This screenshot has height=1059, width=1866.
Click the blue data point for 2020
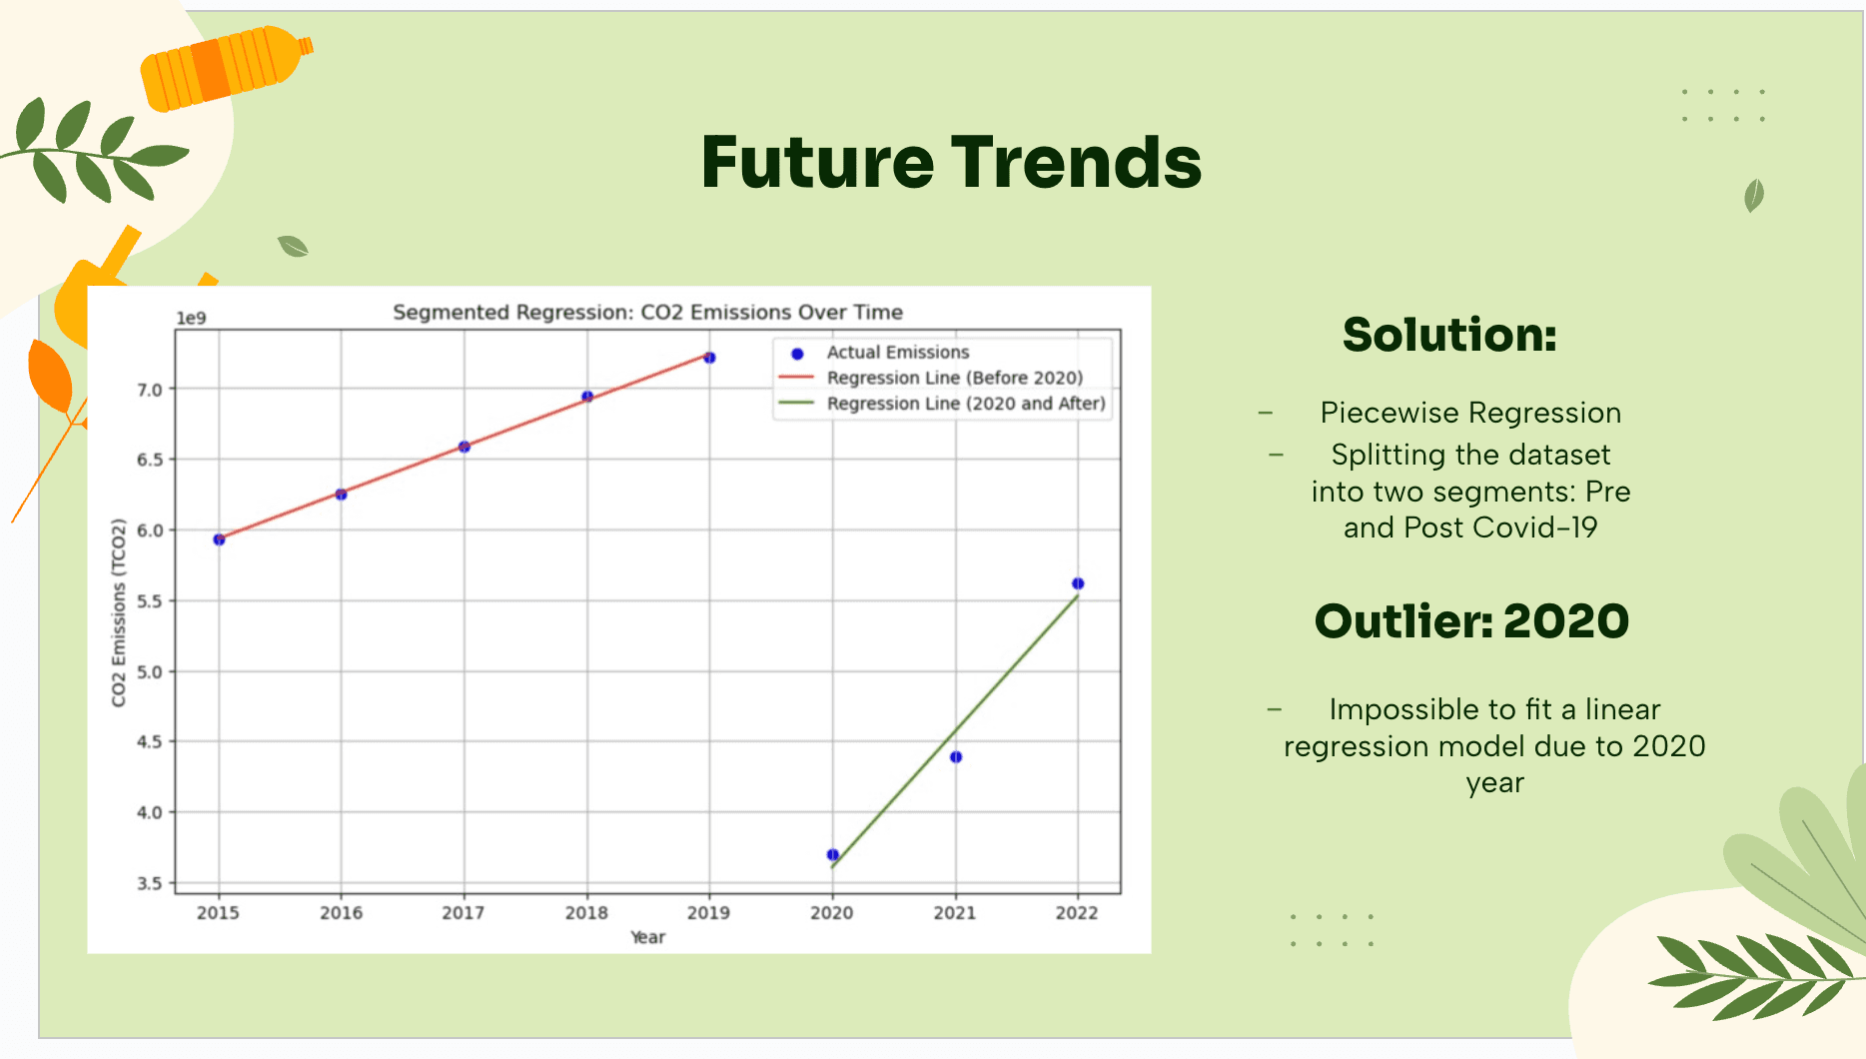832,854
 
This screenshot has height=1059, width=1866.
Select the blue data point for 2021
956,757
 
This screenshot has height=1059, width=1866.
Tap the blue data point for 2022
1078,583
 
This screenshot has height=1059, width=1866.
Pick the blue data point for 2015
219,539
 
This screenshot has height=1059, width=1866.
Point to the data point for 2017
465,447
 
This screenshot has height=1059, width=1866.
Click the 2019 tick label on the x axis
708,912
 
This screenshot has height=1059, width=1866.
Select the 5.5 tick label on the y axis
150,601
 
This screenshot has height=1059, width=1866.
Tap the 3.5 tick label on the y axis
150,883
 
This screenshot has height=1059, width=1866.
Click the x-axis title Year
647,937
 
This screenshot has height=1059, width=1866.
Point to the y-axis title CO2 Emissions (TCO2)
119,612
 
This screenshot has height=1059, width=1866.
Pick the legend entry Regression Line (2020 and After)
942,404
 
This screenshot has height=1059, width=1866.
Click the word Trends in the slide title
1076,162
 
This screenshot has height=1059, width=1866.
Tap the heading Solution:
1449,335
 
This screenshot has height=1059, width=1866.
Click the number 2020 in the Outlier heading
1566,621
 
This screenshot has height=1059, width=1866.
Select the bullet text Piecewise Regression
1470,413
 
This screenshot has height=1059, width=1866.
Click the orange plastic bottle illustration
227,67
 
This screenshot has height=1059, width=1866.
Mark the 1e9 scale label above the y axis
191,319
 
